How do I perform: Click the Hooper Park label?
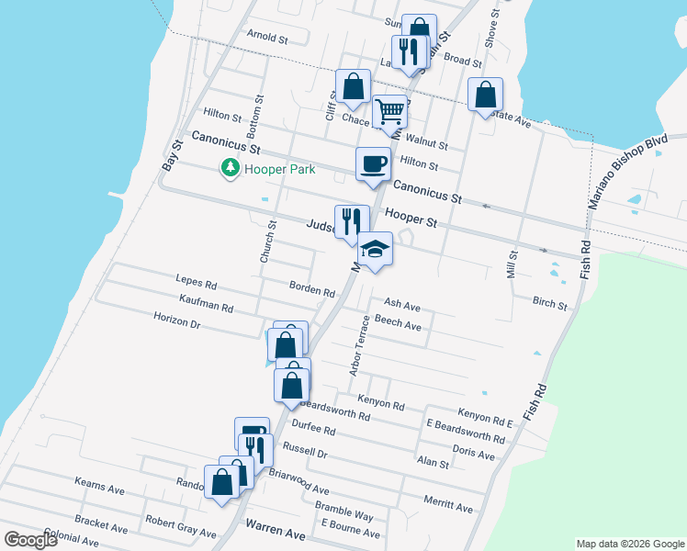tap(279, 169)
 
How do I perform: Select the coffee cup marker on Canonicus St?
tap(373, 163)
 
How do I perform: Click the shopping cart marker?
tap(390, 111)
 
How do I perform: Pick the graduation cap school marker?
tap(375, 249)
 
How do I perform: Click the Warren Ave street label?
tap(276, 533)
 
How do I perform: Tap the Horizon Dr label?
tap(176, 322)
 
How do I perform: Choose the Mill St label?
tap(512, 264)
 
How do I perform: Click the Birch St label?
tap(549, 302)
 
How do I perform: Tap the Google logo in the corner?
tap(30, 540)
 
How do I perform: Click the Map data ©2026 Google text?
tap(629, 544)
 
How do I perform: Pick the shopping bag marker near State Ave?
tap(485, 95)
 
